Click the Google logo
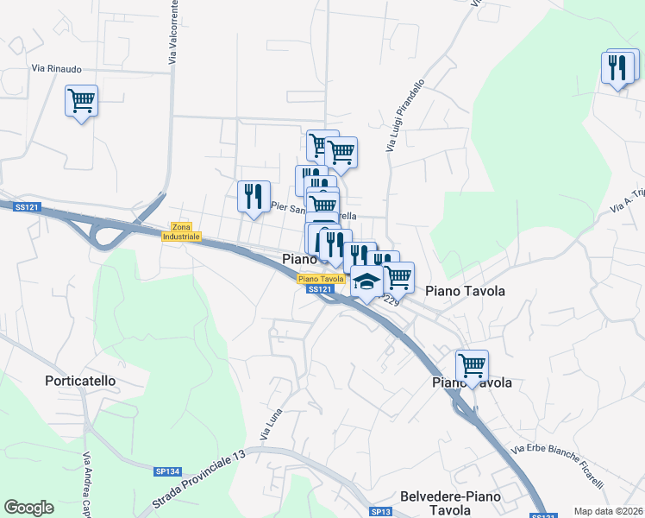29,508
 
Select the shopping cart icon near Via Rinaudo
81,102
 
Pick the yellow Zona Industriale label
180,231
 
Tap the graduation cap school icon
367,281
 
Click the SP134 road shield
167,471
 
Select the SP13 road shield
381,512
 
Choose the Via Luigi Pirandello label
405,117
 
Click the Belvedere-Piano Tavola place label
457,502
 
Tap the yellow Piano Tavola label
322,279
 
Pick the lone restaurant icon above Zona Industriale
254,197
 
